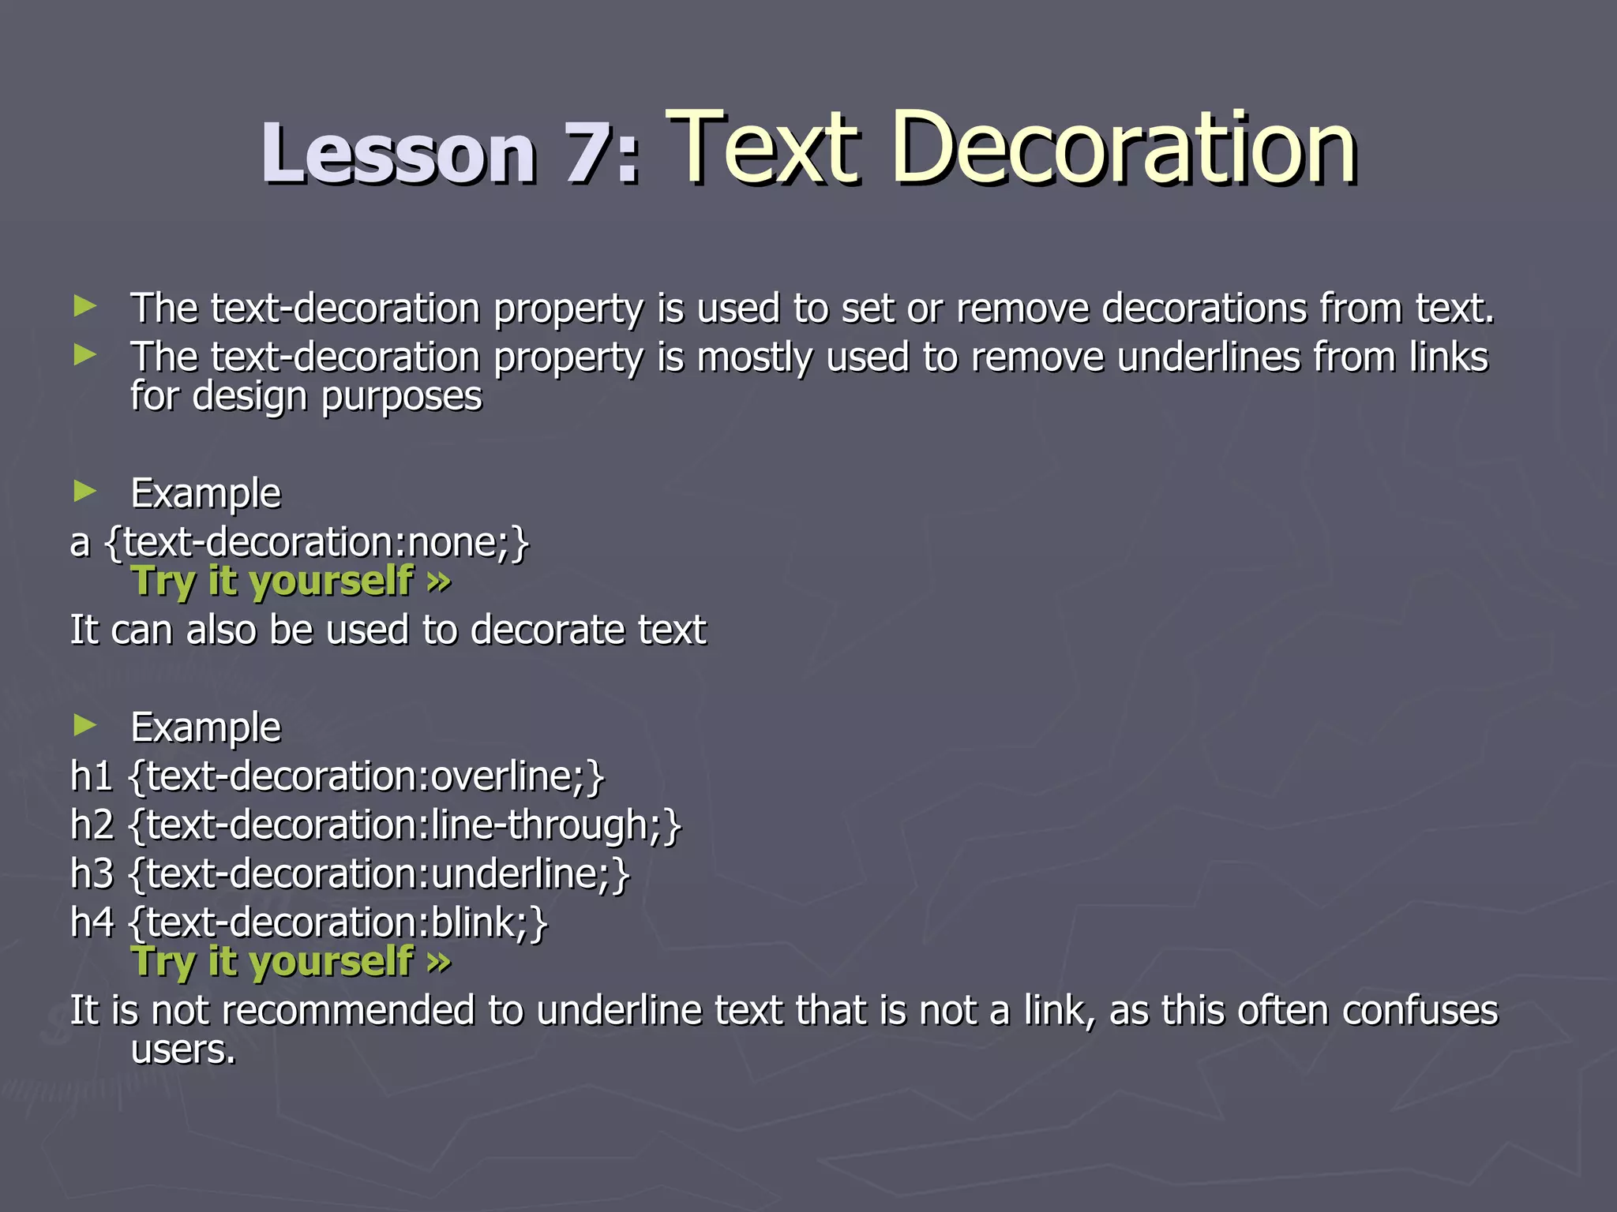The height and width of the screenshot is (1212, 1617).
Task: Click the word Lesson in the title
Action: point(398,154)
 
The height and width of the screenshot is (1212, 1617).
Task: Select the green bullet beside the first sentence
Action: point(84,306)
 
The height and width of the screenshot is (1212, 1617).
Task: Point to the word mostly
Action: point(754,357)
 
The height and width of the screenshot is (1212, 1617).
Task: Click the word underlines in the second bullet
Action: point(1208,357)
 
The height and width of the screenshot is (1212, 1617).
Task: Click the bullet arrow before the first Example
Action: point(84,492)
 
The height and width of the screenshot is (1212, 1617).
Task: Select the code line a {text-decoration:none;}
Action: point(300,543)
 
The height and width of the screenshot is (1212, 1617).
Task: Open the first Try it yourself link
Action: point(291,582)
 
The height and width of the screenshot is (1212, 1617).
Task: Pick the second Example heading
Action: point(205,728)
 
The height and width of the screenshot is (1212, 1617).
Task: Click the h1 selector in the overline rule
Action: point(91,776)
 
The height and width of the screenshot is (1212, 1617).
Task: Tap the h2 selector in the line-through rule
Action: point(92,825)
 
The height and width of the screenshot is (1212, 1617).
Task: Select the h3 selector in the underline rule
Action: point(92,874)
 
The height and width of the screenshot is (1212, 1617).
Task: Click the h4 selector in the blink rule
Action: point(92,922)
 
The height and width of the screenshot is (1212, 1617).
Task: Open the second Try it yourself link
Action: point(291,962)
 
